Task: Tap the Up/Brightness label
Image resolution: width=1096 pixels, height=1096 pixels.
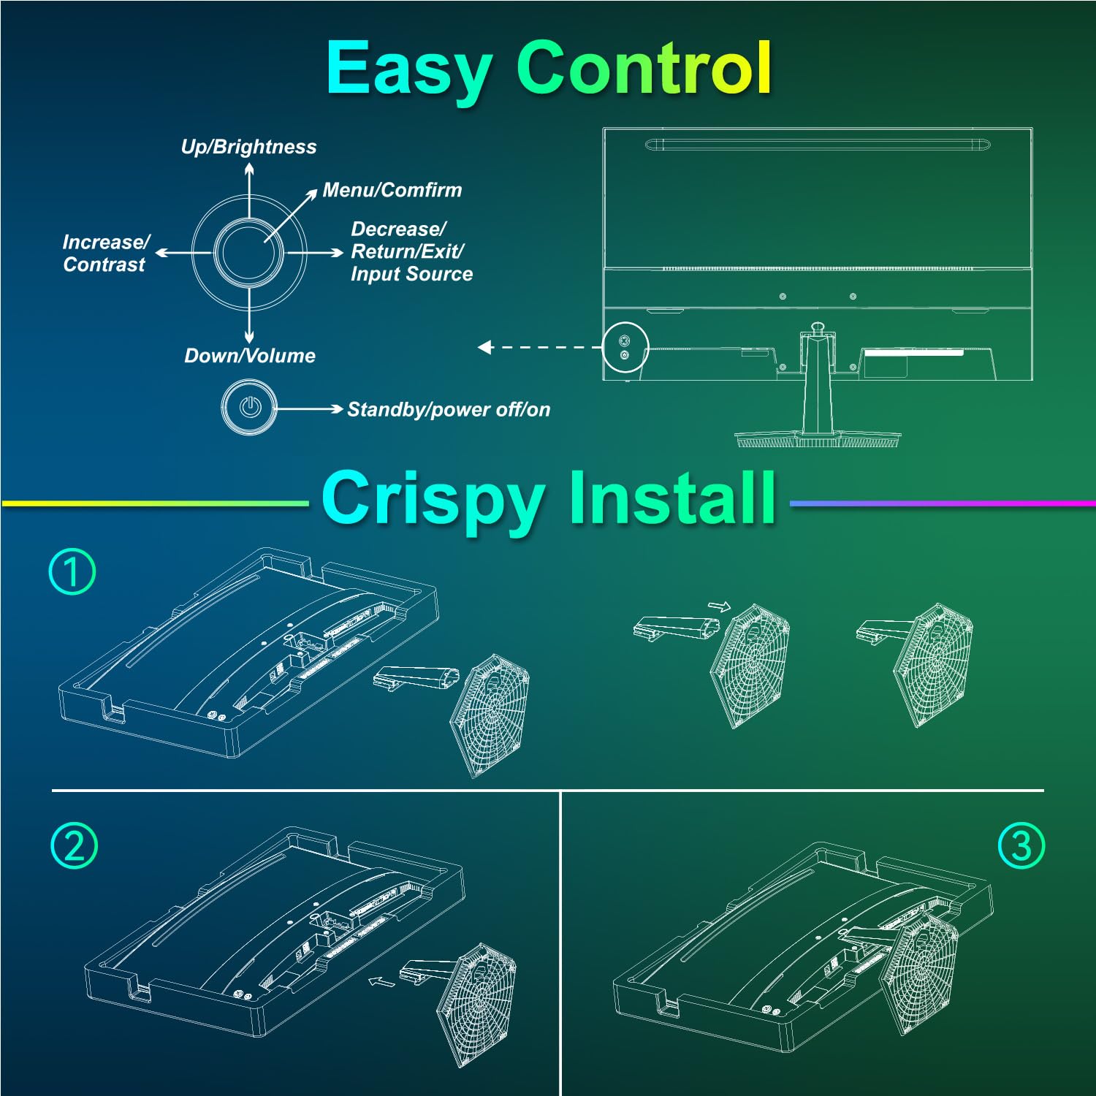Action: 248,147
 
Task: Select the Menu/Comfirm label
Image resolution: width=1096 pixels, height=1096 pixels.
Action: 392,190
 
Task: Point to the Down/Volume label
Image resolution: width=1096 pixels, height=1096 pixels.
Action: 250,356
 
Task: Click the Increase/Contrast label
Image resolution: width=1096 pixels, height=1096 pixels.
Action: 105,253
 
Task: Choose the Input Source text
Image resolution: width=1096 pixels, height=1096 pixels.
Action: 411,274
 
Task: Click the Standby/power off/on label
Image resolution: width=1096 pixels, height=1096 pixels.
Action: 449,409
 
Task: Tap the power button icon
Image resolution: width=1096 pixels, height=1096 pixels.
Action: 250,407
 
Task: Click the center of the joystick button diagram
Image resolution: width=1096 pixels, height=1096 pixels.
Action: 249,253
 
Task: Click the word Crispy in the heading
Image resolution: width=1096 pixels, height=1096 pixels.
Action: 432,500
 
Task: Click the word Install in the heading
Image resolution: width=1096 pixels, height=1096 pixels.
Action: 671,498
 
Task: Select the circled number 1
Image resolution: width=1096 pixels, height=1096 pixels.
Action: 72,571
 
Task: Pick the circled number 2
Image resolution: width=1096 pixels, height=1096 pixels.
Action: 74,845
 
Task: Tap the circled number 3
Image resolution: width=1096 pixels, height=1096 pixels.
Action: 1021,845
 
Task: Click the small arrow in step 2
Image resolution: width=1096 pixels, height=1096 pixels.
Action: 381,981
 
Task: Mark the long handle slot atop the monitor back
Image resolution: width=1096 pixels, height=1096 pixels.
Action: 818,145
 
